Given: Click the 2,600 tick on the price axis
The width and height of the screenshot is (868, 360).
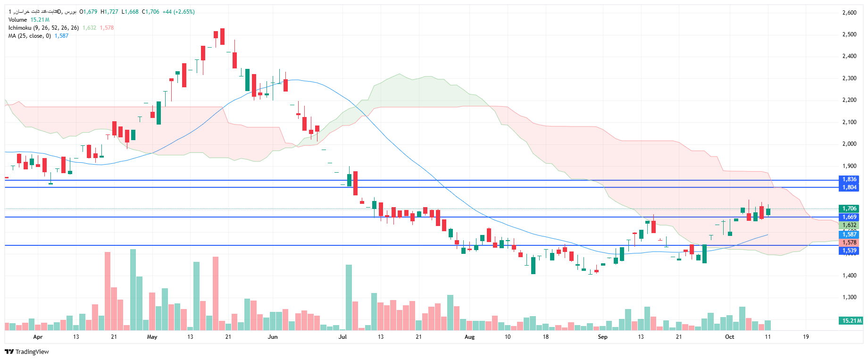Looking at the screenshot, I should click(x=849, y=13).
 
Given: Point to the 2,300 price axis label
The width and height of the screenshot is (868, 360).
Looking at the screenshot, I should click(x=849, y=78).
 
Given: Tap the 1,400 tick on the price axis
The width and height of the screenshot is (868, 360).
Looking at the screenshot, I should click(x=849, y=276).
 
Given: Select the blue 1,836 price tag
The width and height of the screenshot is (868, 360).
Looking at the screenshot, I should click(x=849, y=179).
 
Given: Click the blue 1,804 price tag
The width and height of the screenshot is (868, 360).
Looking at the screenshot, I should click(x=849, y=187).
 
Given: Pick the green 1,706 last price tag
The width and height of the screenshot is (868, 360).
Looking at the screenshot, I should click(x=849, y=209).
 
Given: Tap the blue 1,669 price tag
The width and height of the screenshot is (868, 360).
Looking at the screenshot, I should click(x=849, y=217).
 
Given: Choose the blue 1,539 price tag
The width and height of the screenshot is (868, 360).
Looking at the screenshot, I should click(x=849, y=251).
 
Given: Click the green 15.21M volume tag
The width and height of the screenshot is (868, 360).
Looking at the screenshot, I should click(x=851, y=321).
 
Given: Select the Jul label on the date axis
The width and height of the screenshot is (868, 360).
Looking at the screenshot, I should click(x=342, y=337).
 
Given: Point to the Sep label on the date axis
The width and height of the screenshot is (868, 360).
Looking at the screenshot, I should click(x=602, y=337).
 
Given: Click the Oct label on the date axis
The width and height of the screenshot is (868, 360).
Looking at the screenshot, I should click(x=729, y=337).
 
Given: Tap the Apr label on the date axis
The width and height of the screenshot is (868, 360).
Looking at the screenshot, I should click(x=38, y=337).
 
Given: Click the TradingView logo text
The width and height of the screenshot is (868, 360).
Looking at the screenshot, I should click(x=32, y=352).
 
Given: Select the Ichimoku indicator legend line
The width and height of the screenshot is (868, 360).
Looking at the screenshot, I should click(x=43, y=28).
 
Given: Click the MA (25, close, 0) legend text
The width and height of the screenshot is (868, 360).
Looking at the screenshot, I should click(x=29, y=36).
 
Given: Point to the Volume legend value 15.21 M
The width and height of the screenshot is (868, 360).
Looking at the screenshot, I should click(x=40, y=20).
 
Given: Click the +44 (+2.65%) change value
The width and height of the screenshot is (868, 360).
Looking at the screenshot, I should click(x=178, y=12).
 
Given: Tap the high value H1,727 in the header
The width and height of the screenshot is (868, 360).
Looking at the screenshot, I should click(x=109, y=12).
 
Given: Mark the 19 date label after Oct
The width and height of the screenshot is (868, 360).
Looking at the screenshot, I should click(x=806, y=337).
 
